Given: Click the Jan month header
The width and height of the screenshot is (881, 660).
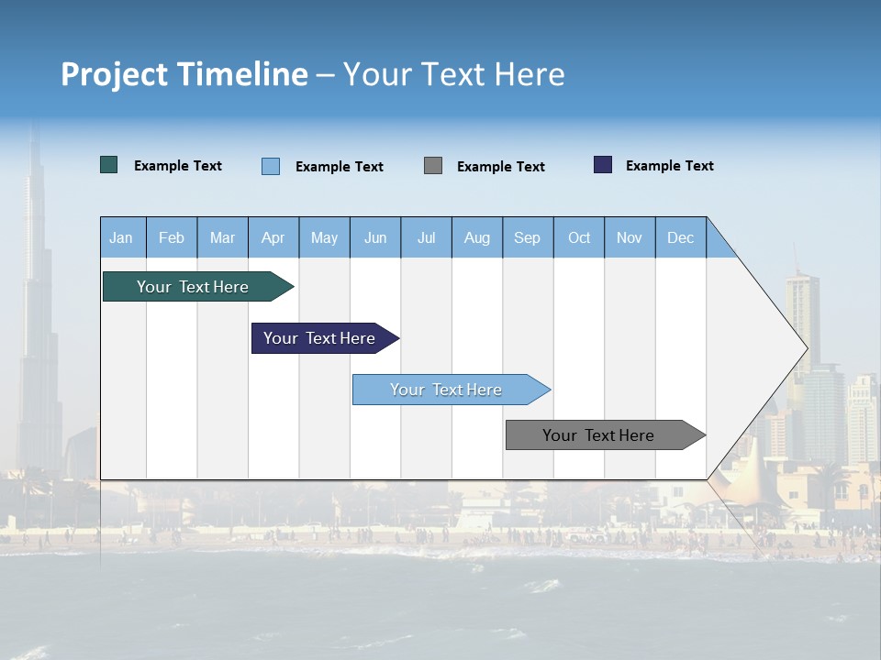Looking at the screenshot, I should [x=121, y=237].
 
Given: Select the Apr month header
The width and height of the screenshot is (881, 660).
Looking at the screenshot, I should [x=273, y=237].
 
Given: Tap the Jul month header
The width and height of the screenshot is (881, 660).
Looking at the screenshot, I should [x=426, y=237].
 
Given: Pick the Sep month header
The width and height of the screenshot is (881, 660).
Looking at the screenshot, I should [x=527, y=237].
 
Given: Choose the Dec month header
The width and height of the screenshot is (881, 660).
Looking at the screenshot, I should [x=680, y=237].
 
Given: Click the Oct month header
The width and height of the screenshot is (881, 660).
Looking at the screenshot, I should [x=578, y=237].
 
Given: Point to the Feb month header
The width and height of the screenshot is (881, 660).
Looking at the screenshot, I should [x=172, y=237].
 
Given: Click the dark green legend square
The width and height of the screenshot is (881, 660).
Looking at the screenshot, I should [x=109, y=165].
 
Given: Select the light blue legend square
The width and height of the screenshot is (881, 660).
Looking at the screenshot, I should [x=271, y=166].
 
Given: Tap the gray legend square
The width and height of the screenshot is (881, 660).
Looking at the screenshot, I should [x=433, y=165].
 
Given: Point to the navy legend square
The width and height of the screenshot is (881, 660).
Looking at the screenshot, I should [x=603, y=165].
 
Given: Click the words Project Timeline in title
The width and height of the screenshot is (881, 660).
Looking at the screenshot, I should [x=184, y=74].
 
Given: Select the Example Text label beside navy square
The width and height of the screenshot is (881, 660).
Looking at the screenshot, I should [x=669, y=166].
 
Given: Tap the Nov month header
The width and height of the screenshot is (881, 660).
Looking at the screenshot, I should [x=630, y=237].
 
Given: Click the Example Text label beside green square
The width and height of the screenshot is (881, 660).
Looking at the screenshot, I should [x=178, y=166].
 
